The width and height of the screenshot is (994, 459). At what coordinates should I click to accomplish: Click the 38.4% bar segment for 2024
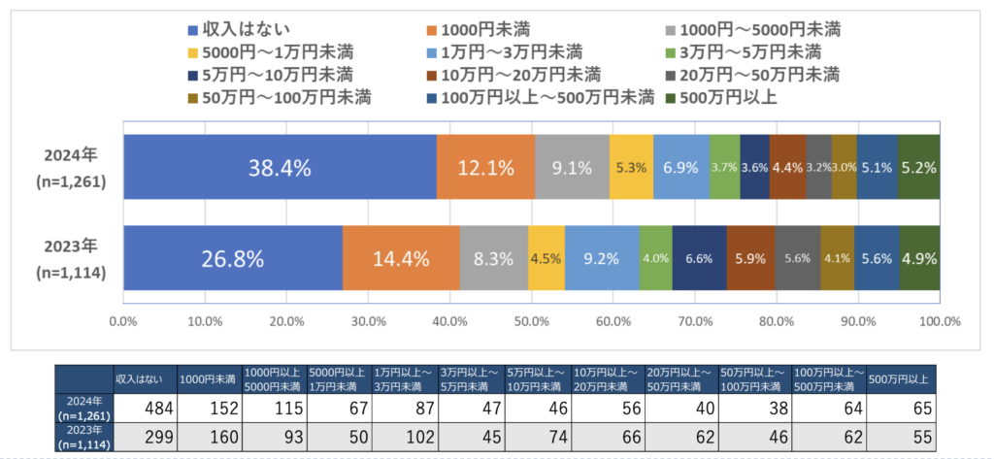280,168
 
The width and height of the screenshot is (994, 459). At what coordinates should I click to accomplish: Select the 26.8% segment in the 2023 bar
233,258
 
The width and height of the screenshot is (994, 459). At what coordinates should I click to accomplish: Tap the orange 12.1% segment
485,168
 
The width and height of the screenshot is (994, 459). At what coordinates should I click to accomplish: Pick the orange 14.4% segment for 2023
402,258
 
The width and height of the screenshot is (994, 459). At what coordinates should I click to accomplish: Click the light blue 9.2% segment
602,258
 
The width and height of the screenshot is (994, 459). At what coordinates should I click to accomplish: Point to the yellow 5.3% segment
631,168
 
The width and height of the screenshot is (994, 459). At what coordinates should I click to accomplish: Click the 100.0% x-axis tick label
939,321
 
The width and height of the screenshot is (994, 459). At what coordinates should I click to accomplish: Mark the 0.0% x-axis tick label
122,321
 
